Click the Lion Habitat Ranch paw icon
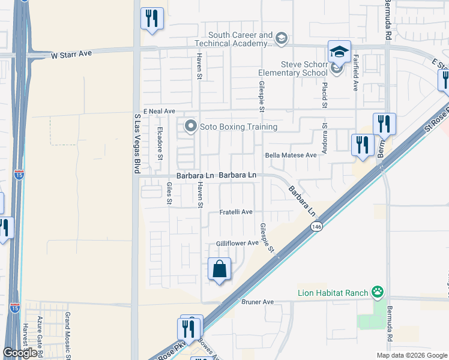click(378, 293)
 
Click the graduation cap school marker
click(339, 52)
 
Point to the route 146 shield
click(317, 227)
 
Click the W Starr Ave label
click(71, 54)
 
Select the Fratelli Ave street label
click(235, 212)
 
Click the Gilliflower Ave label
click(237, 243)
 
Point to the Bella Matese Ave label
click(291, 155)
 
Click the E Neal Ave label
click(160, 112)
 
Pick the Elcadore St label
click(160, 143)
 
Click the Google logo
click(20, 353)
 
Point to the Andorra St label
click(324, 139)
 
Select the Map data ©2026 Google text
click(411, 355)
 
